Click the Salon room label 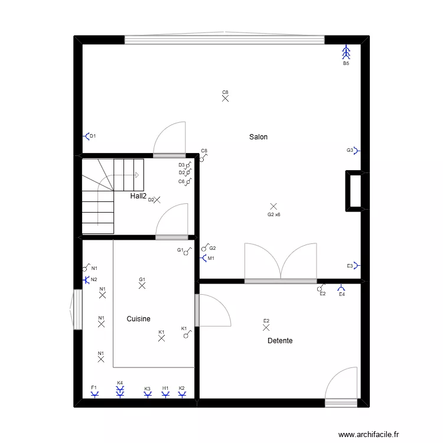click(x=258, y=137)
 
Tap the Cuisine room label click(x=138, y=319)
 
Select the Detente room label click(x=280, y=341)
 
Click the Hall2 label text click(x=138, y=196)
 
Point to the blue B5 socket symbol click(x=346, y=53)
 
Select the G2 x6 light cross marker click(x=273, y=206)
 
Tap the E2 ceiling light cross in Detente click(x=266, y=327)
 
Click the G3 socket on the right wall click(x=356, y=151)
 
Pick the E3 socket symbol click(x=356, y=266)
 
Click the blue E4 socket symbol click(x=341, y=289)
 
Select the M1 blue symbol click(x=204, y=258)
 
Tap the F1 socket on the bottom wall click(x=94, y=394)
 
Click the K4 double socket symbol click(x=120, y=391)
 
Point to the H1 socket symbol click(x=165, y=394)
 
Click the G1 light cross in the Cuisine click(x=142, y=285)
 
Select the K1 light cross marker click(x=161, y=338)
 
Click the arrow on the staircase click(x=136, y=175)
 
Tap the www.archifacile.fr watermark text click(x=369, y=434)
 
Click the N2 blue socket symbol click(x=87, y=279)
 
